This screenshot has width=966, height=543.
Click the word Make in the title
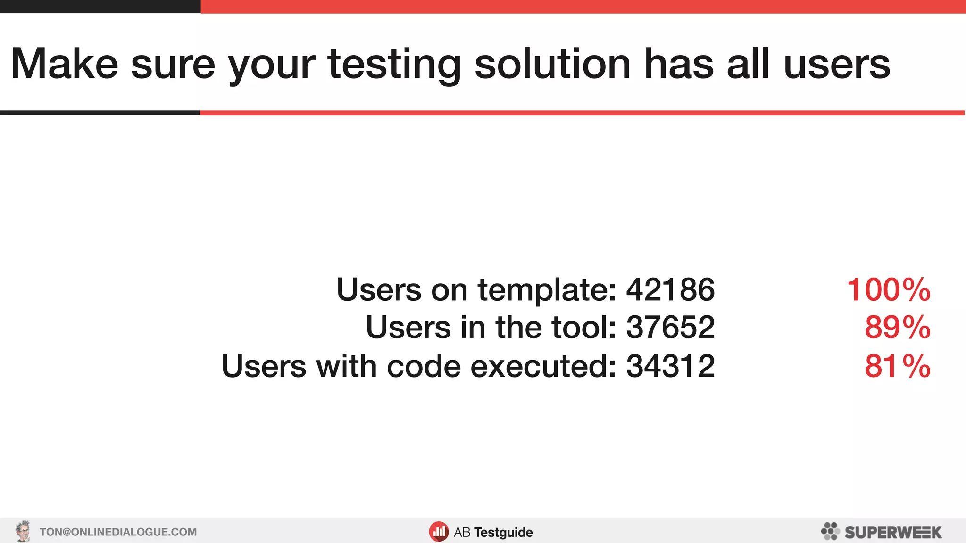tap(64, 64)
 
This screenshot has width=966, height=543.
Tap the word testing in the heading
tap(394, 65)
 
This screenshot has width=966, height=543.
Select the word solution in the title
tap(552, 64)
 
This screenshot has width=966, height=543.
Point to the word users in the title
tap(837, 65)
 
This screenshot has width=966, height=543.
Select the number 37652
tap(670, 327)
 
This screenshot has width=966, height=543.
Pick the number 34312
tap(670, 366)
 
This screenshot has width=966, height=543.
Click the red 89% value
tap(897, 327)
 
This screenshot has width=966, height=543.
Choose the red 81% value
tap(897, 366)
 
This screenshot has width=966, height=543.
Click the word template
tap(547, 290)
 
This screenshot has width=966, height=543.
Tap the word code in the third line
tap(423, 366)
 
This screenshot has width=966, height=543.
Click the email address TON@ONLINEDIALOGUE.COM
tap(118, 532)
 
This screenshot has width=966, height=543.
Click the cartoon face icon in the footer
tap(23, 532)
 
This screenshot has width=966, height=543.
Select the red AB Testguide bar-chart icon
tap(439, 532)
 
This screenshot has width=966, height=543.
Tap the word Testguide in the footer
tap(503, 533)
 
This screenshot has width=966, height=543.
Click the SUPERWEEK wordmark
tap(893, 533)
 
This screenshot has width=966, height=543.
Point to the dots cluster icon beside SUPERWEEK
tap(830, 531)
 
